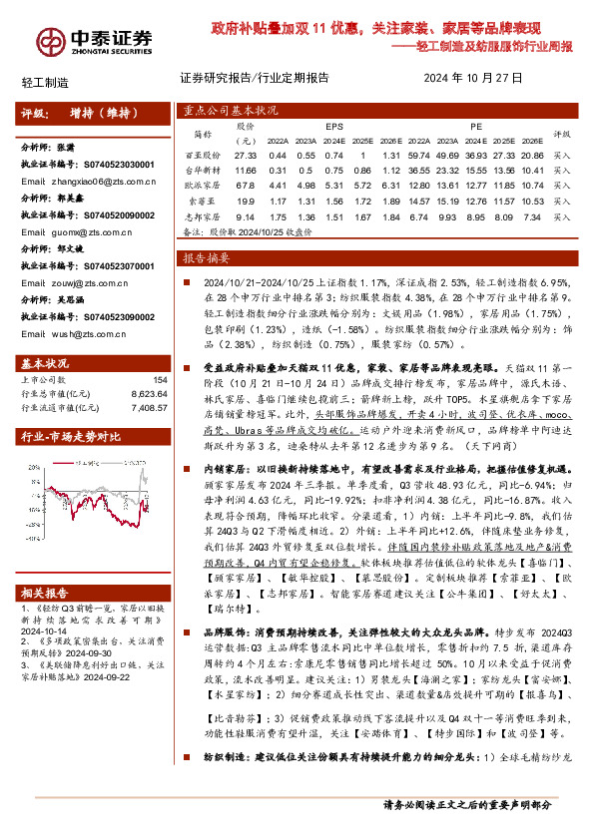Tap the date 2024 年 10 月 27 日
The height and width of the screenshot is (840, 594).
(x=474, y=78)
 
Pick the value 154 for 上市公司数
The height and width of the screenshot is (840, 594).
(x=160, y=380)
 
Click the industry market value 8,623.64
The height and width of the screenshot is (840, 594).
(x=148, y=394)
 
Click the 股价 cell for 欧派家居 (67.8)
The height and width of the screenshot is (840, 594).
(x=246, y=185)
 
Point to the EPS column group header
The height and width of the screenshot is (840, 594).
(x=334, y=128)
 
